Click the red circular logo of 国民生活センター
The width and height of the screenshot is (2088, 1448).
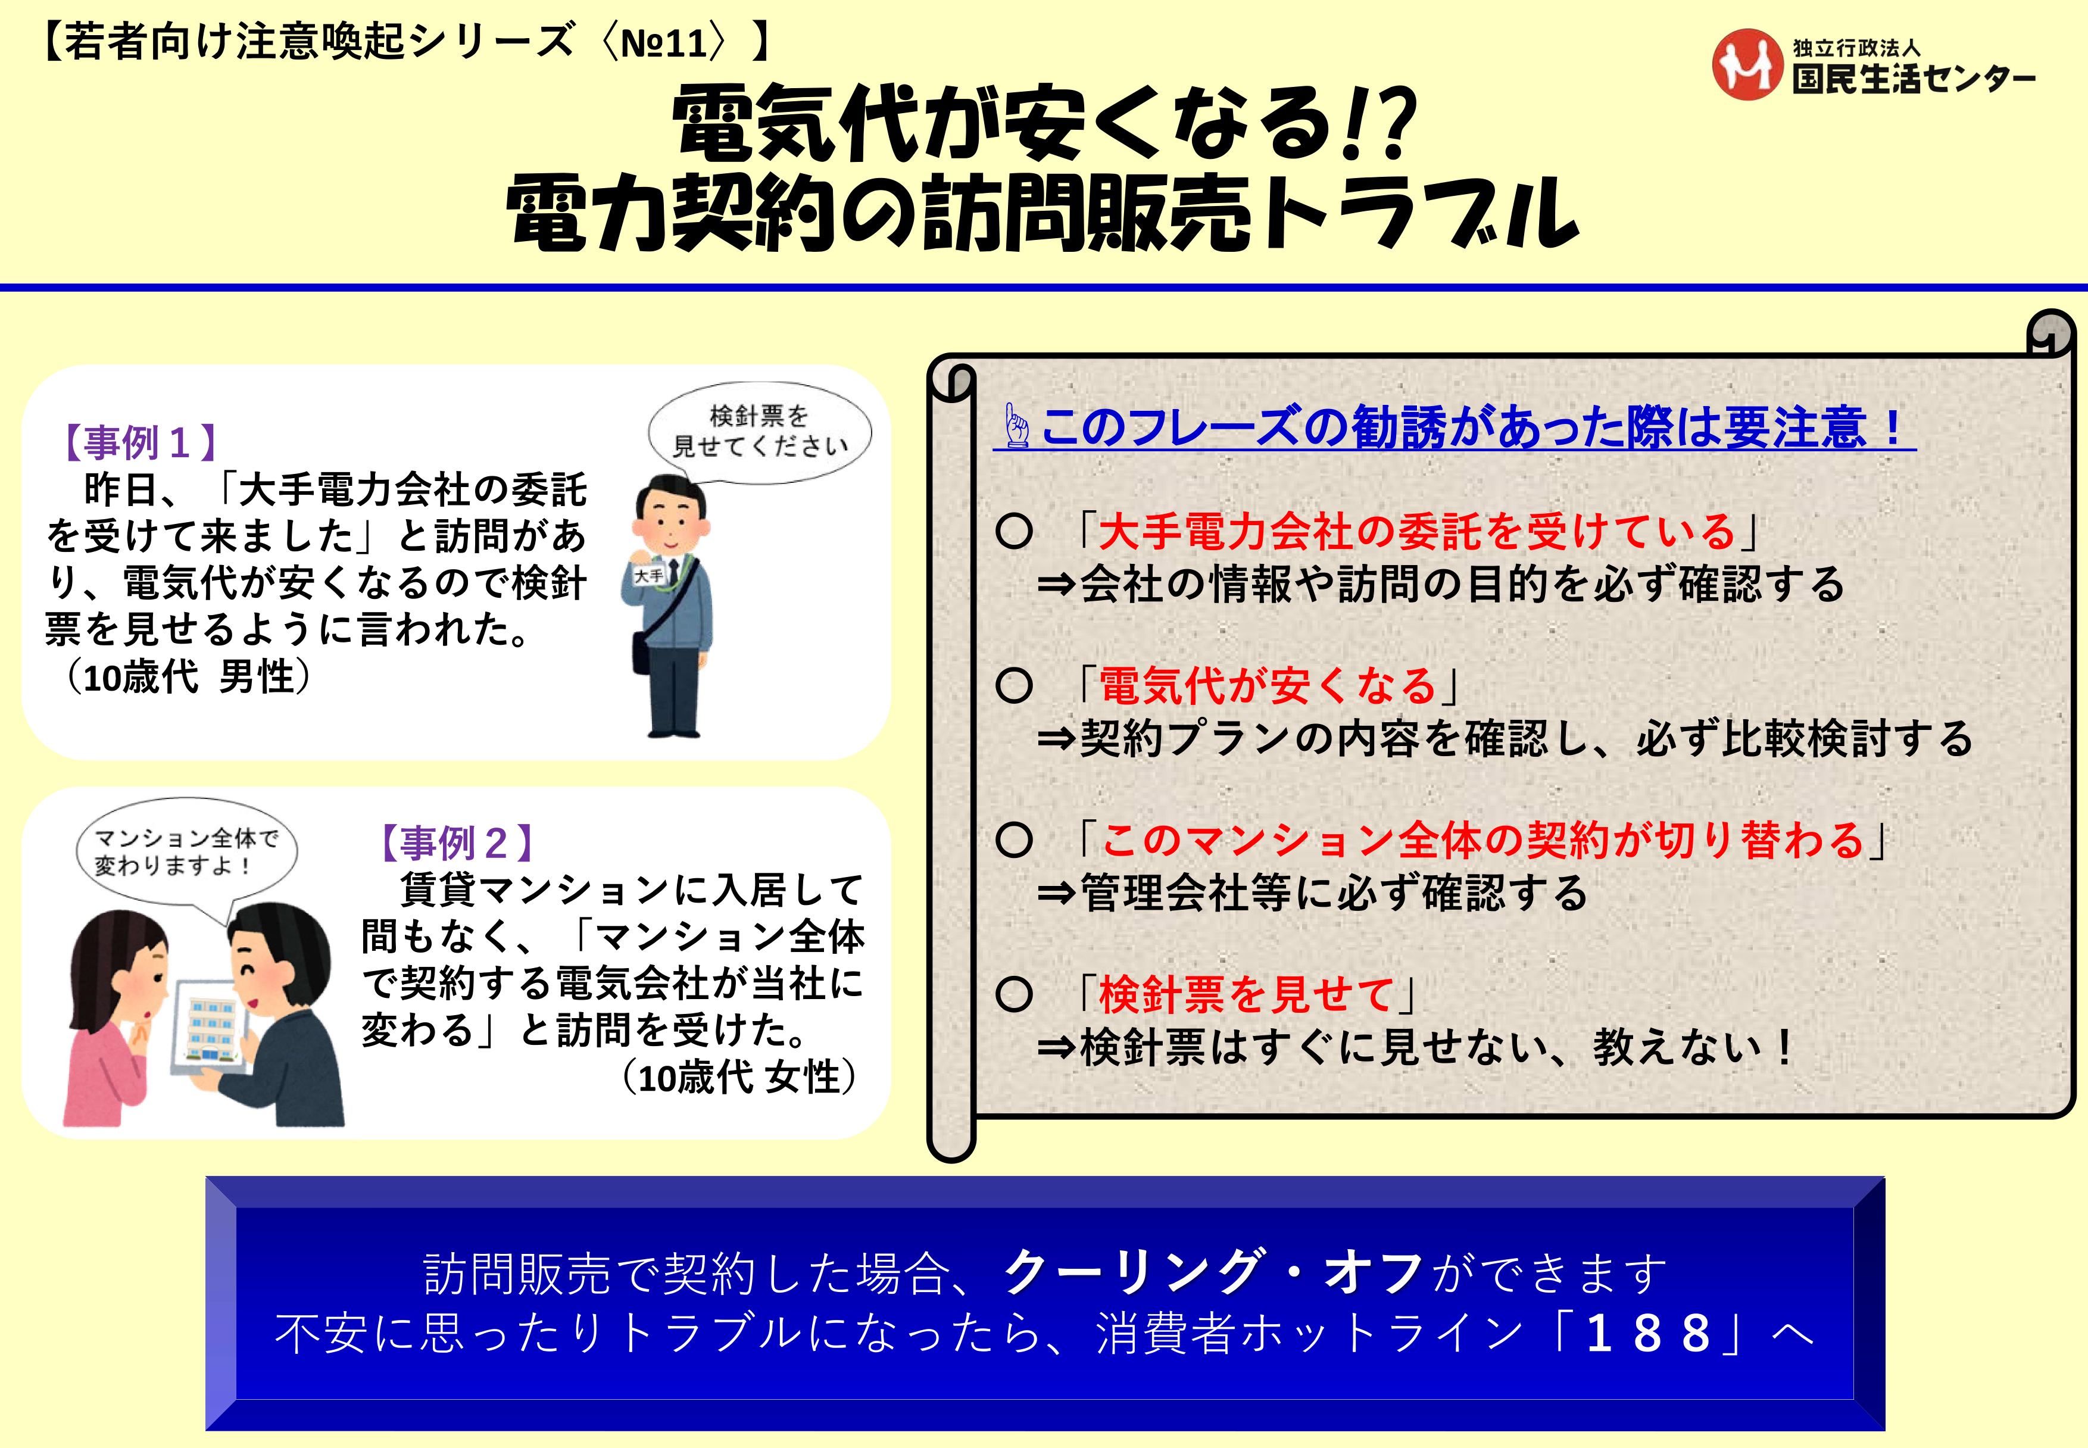point(1747,64)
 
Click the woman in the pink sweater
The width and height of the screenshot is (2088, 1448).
point(113,1021)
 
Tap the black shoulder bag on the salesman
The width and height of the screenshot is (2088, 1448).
point(642,653)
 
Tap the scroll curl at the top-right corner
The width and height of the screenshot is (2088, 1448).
point(2052,334)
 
